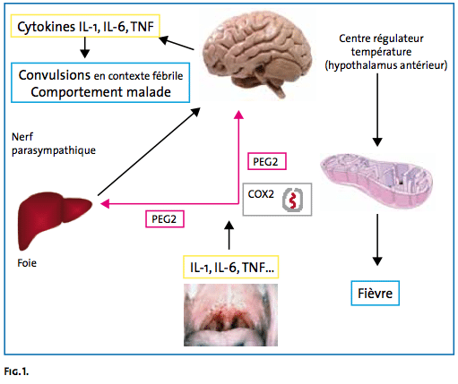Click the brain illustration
[x=257, y=54]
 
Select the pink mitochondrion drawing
[x=376, y=181]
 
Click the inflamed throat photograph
[x=230, y=315]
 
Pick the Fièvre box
[x=375, y=293]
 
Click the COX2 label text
[x=261, y=194]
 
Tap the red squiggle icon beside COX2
[x=293, y=200]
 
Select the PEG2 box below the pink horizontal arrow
[x=165, y=219]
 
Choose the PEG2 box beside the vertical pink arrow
[x=267, y=161]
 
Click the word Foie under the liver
[x=27, y=263]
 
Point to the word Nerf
[x=22, y=137]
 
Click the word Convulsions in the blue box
[x=55, y=75]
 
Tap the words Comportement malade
[x=100, y=92]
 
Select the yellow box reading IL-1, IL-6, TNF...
[x=231, y=267]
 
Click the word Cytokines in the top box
[x=46, y=27]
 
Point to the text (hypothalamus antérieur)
[x=386, y=65]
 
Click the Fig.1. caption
[x=16, y=371]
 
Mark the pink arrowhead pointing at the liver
[x=105, y=204]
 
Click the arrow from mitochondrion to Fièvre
[x=377, y=240]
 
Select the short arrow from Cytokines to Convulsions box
[x=85, y=47]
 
